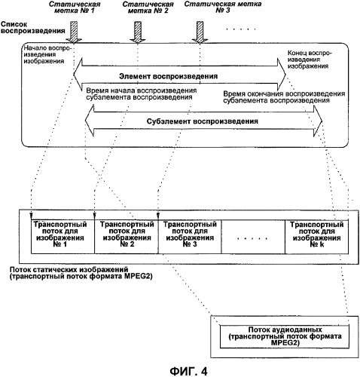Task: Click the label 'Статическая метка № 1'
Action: click(75, 8)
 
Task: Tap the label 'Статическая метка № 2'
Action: click(148, 8)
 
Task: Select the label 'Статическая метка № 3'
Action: click(223, 7)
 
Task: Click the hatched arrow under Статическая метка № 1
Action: click(74, 32)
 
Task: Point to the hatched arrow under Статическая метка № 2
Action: click(138, 32)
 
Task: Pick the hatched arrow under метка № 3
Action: click(200, 32)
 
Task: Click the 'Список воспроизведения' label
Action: click(32, 28)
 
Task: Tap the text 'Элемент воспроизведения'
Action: click(168, 76)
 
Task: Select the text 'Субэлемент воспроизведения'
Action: click(203, 121)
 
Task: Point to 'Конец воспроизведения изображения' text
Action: click(310, 60)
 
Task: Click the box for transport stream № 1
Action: click(63, 237)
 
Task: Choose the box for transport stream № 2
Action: click(127, 237)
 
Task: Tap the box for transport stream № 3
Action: click(190, 237)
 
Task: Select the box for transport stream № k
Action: click(316, 237)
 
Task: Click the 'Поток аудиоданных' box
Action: click(285, 337)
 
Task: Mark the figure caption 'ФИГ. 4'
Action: click(189, 371)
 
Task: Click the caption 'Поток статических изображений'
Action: click(69, 269)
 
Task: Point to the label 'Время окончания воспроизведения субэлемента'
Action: click(284, 97)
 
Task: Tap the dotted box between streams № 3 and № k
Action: click(253, 237)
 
